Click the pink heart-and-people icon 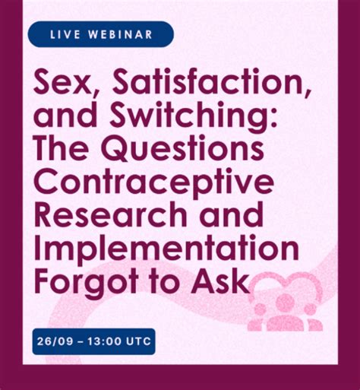[x=287, y=300]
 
